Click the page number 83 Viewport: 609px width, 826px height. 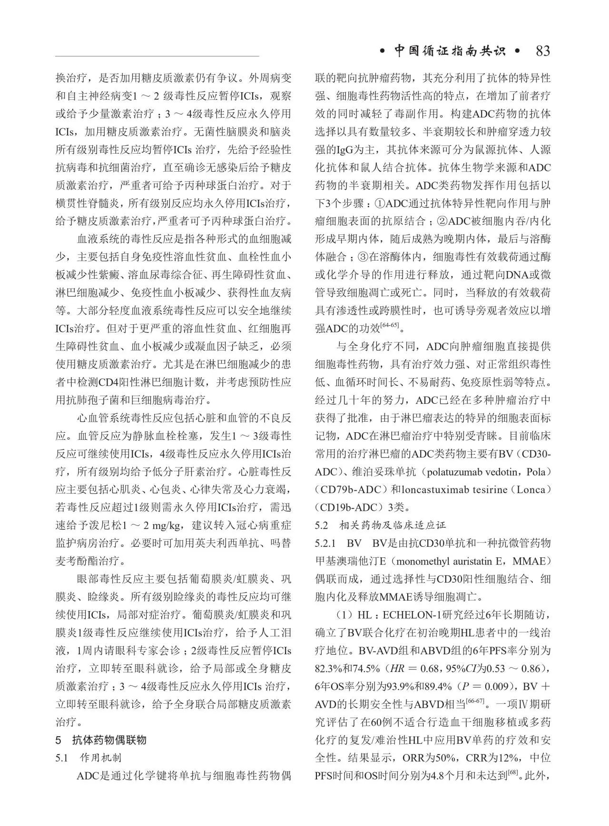(542, 51)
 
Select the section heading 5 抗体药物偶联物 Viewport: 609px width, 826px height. (101, 740)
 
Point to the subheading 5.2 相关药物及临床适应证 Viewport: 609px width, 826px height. (380, 525)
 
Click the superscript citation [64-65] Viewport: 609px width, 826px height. (390, 325)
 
